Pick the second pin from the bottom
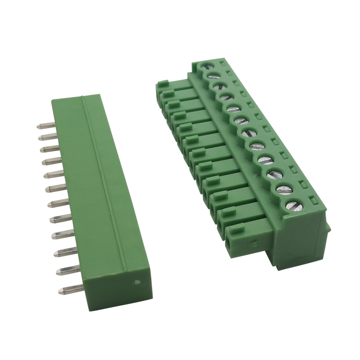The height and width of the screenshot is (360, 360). click(x=65, y=271)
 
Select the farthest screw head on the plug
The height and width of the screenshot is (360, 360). click(x=207, y=67)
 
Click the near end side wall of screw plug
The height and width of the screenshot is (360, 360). click(x=298, y=240)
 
